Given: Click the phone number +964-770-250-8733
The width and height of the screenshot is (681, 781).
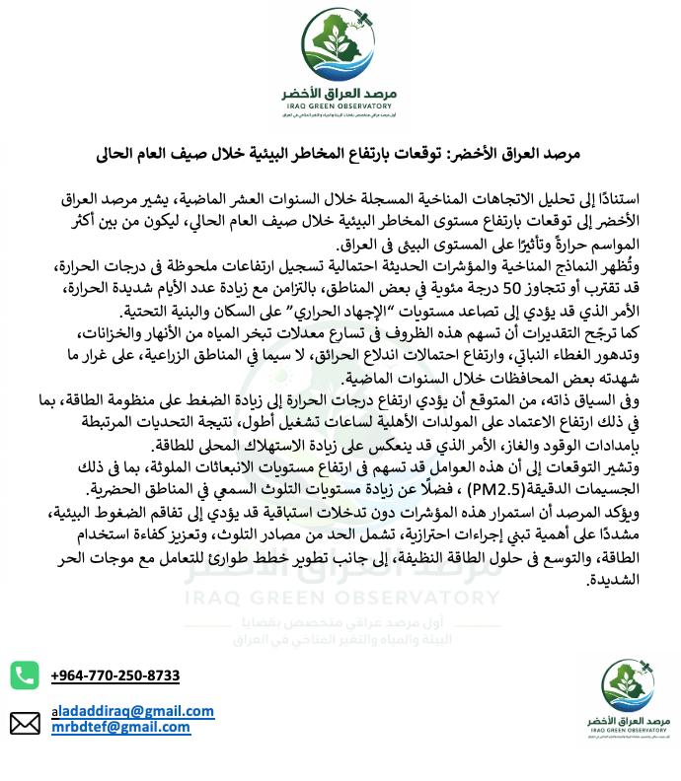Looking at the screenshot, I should pos(115,675).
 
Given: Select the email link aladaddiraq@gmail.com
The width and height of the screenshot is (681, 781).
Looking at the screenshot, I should pos(132,711).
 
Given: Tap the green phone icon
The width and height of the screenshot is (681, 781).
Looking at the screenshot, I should pos(25,675).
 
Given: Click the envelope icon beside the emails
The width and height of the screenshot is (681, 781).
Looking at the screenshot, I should pos(25,724).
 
